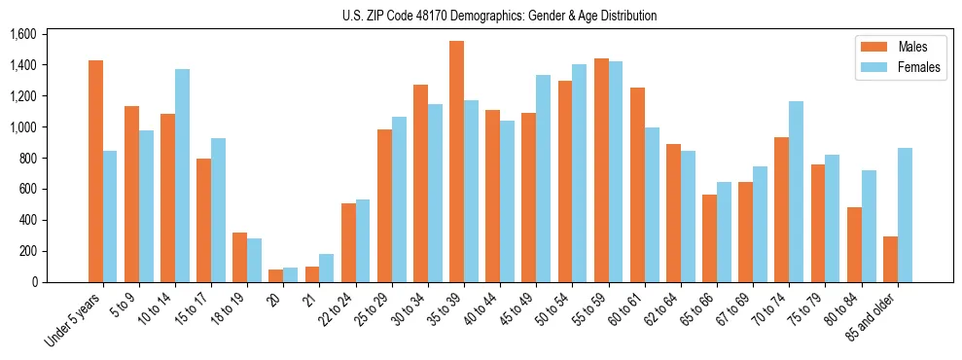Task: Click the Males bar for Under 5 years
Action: click(95, 171)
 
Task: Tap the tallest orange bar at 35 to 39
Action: click(456, 162)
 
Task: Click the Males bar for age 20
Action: click(275, 275)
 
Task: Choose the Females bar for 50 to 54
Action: click(580, 173)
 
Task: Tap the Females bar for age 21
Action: click(327, 268)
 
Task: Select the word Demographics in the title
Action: click(517, 16)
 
